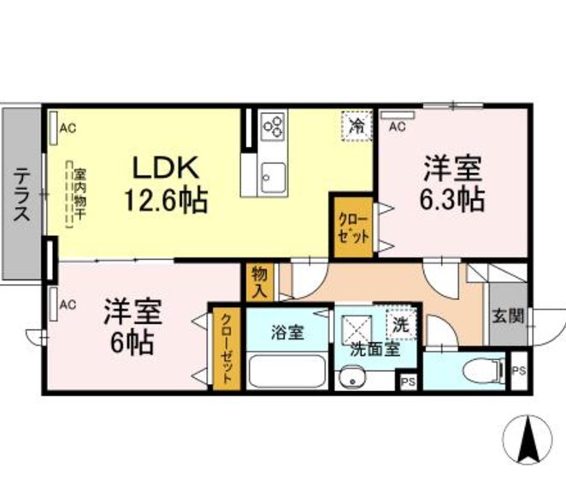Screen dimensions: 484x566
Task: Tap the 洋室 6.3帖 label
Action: coord(451,184)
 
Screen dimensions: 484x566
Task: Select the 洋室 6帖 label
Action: coord(131,326)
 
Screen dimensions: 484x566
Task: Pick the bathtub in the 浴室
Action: coord(286,370)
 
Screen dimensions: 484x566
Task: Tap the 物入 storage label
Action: coord(259,282)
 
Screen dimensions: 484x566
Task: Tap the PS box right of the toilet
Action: coord(518,371)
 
